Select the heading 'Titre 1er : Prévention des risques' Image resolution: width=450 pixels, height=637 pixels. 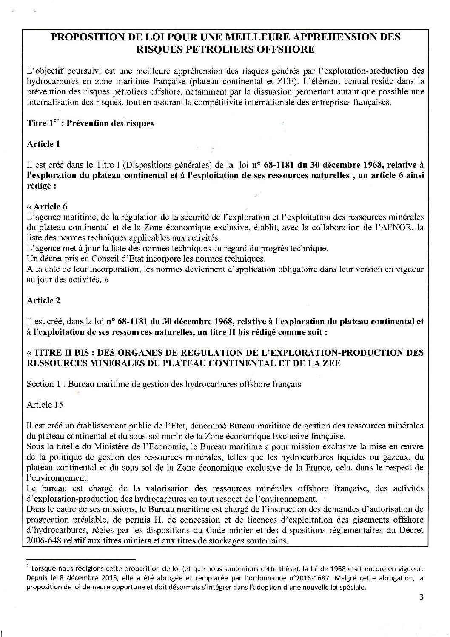tap(90, 123)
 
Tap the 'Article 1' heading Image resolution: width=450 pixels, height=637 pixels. tap(43, 144)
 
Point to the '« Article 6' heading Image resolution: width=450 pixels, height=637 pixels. tap(47, 207)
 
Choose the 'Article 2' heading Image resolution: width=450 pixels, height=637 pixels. tap(43, 300)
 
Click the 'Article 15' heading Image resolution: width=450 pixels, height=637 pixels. tap(45, 404)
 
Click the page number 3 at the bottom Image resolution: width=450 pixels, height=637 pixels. tap(421, 597)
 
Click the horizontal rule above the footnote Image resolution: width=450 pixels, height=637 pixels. tap(80, 558)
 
